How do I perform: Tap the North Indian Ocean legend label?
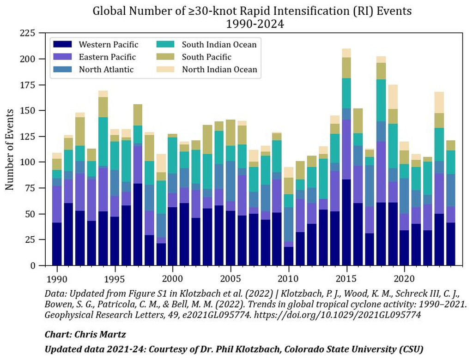pos(219,70)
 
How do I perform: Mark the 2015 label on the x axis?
pos(346,280)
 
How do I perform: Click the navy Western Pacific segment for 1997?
pos(137,225)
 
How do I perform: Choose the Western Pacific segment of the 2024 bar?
pos(450,244)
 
